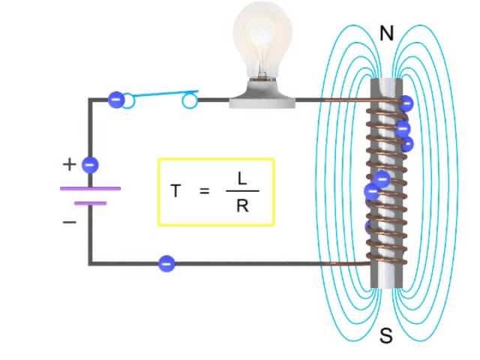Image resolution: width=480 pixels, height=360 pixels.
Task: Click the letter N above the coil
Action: tap(387, 33)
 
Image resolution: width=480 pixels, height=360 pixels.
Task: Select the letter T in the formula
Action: tap(175, 191)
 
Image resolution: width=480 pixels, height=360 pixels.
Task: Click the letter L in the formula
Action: tap(241, 178)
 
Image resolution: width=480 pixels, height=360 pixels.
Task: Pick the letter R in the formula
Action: tap(241, 205)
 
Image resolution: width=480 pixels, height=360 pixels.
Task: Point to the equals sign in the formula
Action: tap(205, 192)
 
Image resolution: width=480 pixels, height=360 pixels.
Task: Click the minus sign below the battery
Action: tap(69, 221)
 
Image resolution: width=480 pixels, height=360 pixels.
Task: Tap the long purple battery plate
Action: tap(90, 188)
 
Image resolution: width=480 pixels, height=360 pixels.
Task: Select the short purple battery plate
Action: tap(90, 202)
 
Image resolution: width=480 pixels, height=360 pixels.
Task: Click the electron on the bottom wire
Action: tap(166, 263)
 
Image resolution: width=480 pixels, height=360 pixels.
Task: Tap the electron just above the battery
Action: tap(90, 164)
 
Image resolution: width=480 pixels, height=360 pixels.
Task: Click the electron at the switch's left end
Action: tap(115, 99)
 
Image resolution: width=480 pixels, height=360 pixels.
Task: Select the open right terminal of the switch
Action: tap(190, 100)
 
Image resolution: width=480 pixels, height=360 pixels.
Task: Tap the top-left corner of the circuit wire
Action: tap(91, 100)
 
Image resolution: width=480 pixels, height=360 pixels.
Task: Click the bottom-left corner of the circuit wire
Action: tap(91, 263)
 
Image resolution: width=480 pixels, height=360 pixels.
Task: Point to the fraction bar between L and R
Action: tap(241, 192)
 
